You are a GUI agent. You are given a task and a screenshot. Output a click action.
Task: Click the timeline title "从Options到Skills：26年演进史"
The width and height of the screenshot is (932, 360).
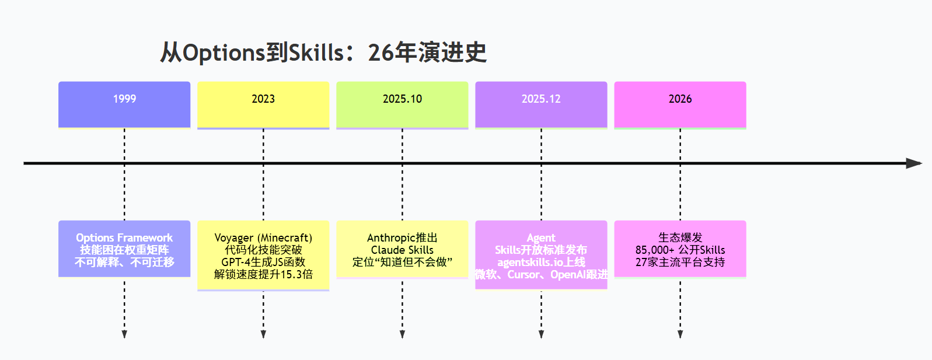[x=323, y=53]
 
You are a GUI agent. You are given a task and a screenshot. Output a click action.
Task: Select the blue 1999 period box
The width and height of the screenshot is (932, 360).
[x=124, y=104]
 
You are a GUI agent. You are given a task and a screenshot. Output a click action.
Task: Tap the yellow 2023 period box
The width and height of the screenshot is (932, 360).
[x=263, y=104]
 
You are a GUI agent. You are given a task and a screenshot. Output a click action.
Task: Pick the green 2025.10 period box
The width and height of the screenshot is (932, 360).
[x=402, y=104]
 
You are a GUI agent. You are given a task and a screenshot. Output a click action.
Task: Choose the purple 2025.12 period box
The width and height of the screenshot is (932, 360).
[x=541, y=104]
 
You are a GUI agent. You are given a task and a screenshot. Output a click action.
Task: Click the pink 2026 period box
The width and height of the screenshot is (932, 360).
[x=680, y=104]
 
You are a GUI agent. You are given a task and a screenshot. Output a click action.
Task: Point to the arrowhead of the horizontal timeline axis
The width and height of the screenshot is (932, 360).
[x=914, y=163]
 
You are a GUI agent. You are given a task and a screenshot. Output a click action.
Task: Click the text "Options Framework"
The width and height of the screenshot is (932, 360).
[x=124, y=237]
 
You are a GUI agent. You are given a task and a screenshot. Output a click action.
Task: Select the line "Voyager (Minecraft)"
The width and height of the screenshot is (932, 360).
[x=263, y=237]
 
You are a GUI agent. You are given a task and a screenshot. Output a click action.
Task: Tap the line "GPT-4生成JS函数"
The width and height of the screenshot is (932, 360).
[x=263, y=262]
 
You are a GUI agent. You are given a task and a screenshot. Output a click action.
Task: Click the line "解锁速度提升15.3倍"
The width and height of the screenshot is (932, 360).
[x=263, y=274]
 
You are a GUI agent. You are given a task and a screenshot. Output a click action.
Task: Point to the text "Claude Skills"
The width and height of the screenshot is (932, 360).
[x=402, y=250]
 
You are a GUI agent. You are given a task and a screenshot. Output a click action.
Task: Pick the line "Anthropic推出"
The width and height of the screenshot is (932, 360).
[x=402, y=237]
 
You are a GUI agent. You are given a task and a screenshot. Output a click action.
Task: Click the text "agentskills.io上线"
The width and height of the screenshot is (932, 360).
[x=541, y=262]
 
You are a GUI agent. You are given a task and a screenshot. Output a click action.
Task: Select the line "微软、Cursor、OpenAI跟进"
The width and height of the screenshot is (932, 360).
[x=541, y=274]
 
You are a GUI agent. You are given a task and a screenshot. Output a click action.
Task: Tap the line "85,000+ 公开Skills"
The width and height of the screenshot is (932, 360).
[x=680, y=250]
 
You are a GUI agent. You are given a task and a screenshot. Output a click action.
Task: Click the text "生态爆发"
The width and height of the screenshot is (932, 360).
[x=680, y=237]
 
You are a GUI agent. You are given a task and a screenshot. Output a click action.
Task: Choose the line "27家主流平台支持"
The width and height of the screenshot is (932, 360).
[x=680, y=262]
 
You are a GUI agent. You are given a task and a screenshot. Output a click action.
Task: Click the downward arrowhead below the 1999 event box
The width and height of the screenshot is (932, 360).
[x=124, y=334]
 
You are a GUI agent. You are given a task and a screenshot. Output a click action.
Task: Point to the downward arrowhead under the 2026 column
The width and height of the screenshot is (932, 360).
[x=680, y=334]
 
